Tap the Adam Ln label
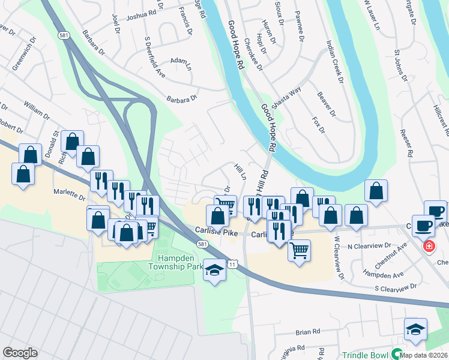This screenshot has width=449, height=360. click(x=179, y=61)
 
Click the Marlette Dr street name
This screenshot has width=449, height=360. click(x=70, y=194)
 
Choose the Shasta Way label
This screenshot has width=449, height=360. click(x=286, y=98)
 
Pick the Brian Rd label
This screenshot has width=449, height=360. click(x=308, y=331)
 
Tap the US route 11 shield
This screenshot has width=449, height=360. click(x=232, y=265)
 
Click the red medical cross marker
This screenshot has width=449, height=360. click(x=429, y=246)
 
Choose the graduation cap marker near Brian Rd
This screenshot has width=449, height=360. click(x=415, y=329)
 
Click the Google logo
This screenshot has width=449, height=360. click(x=20, y=353)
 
